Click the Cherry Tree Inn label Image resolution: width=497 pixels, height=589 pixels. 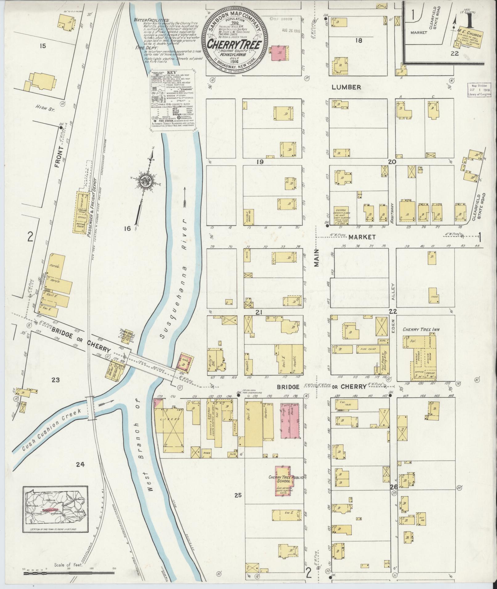click(x=421, y=329)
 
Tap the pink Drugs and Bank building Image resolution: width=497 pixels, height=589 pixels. click(x=290, y=420)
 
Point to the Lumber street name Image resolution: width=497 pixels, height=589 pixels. click(x=346, y=87)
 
